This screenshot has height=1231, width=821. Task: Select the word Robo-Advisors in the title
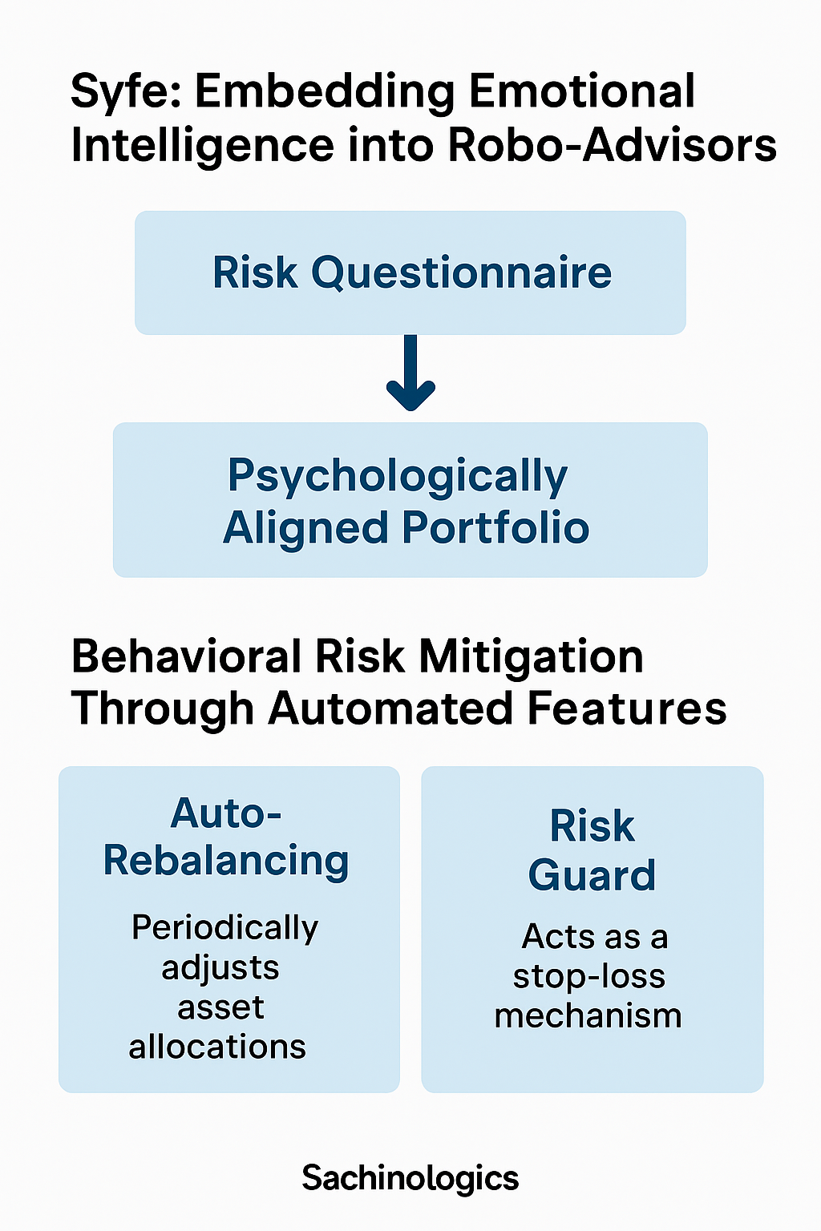(x=612, y=146)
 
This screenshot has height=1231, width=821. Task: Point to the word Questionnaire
(x=461, y=273)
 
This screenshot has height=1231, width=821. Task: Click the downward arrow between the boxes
(x=410, y=373)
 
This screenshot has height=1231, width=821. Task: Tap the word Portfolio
(x=495, y=527)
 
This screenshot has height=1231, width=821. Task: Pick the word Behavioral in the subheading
(x=187, y=656)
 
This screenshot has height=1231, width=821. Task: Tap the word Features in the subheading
(x=627, y=708)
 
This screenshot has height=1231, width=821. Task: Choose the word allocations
(x=217, y=1047)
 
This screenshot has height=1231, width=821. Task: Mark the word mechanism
(x=588, y=1015)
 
